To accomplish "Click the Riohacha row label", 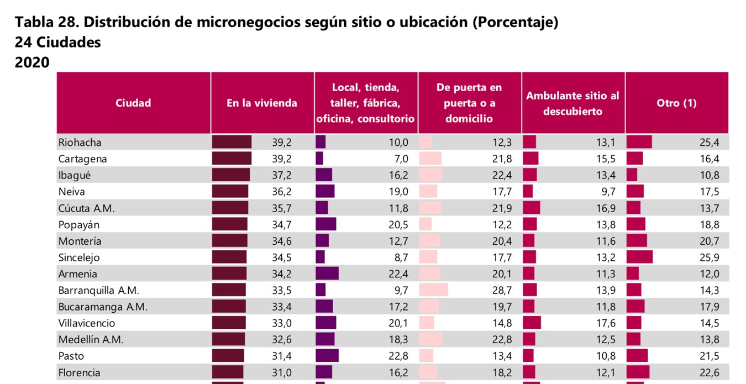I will (x=80, y=143).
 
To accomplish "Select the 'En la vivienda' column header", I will (x=262, y=103).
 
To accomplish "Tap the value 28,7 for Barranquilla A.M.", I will (x=502, y=290).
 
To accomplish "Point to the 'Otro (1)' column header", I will (x=676, y=103).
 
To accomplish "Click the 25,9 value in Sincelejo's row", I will (x=709, y=257).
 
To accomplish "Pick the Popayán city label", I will (x=79, y=225).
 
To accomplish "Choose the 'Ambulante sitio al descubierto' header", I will (x=572, y=103).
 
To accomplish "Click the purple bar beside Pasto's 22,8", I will (x=327, y=356).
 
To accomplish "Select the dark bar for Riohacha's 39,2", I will (x=232, y=143).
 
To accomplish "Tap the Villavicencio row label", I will (x=87, y=323).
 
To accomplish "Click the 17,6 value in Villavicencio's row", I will (x=605, y=323).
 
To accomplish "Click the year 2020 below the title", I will (x=32, y=62).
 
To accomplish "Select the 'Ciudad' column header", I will (x=133, y=103).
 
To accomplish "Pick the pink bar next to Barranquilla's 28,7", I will (x=434, y=290).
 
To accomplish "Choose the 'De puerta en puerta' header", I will (x=469, y=103).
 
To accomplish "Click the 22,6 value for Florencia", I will (x=709, y=372).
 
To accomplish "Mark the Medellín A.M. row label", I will (x=91, y=340).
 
